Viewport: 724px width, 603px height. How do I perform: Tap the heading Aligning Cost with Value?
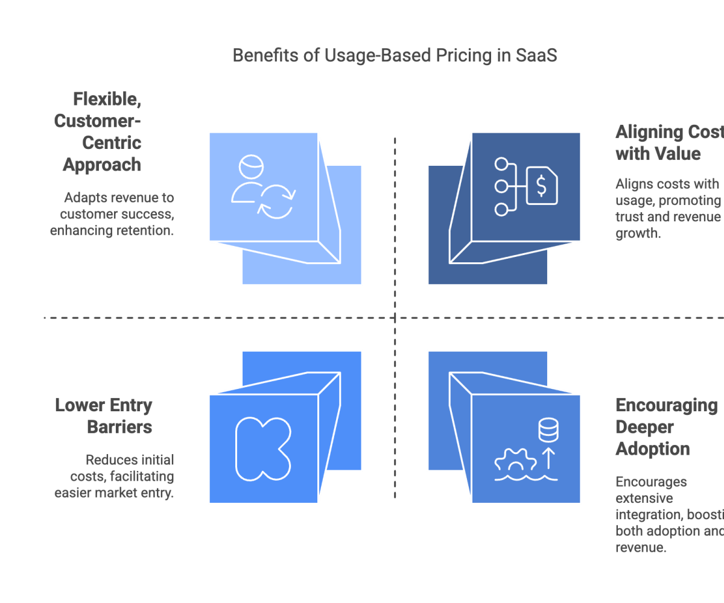667,143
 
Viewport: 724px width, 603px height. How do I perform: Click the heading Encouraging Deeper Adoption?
664,427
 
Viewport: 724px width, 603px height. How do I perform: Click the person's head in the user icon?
251,166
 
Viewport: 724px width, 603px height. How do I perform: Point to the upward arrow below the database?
548,456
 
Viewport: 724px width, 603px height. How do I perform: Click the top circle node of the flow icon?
501,164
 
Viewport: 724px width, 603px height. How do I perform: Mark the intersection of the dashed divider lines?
395,317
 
